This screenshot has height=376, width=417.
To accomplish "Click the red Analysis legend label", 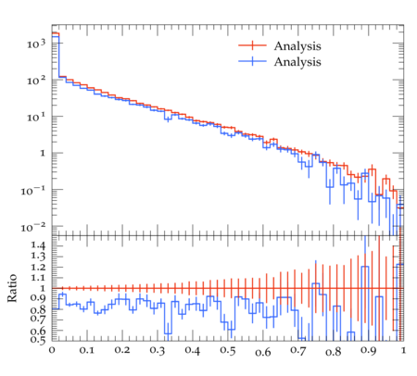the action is click(x=297, y=46).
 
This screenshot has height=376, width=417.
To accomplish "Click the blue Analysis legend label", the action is click(x=297, y=62).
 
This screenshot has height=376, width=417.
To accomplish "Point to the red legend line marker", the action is click(x=252, y=45).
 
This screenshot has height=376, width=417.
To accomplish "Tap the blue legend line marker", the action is click(x=252, y=61).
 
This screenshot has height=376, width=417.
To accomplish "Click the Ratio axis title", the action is click(x=12, y=288).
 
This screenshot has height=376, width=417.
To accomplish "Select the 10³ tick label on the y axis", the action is click(x=36, y=44).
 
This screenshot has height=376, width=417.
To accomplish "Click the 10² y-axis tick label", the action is click(x=36, y=81).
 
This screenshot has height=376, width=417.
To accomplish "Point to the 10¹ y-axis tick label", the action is click(x=36, y=117).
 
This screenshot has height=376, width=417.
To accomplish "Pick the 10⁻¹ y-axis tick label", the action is click(x=33, y=191).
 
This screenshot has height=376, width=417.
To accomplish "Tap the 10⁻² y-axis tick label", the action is click(x=33, y=227).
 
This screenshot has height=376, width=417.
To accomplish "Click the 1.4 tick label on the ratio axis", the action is click(x=38, y=245).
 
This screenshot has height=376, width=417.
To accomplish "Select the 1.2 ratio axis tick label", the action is click(x=38, y=267).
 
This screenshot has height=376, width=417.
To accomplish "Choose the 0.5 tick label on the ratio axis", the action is click(x=38, y=339).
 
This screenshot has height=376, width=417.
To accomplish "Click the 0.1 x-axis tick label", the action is click(x=87, y=350).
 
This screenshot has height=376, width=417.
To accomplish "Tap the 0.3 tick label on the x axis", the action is click(x=158, y=350).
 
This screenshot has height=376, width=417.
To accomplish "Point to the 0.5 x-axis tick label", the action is click(x=228, y=350).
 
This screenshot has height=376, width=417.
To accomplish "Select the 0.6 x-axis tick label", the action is click(x=263, y=352).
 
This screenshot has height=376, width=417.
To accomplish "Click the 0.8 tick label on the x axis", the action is click(x=334, y=352).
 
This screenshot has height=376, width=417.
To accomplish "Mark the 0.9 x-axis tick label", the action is click(x=369, y=351).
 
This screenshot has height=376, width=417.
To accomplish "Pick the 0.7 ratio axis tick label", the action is click(x=38, y=319).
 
